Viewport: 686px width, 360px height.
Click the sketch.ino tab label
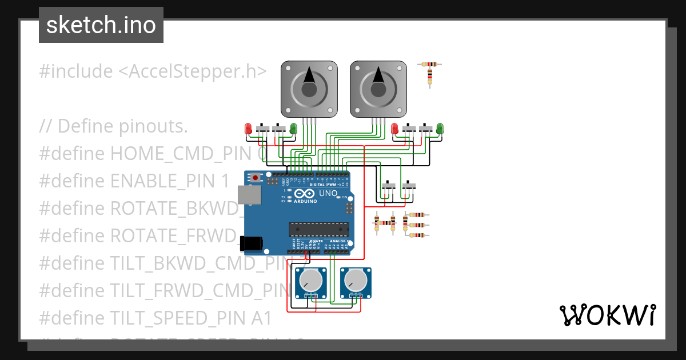point(101,25)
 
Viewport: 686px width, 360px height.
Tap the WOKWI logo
point(607,315)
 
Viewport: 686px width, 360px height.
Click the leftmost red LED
point(248,129)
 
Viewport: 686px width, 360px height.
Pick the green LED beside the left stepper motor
point(293,129)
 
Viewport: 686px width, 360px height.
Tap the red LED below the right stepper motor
point(394,129)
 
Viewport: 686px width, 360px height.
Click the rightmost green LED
point(440,129)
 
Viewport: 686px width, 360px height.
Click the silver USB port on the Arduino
point(250,195)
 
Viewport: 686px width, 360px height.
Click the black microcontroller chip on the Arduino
point(318,229)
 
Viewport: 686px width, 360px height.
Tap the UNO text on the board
point(328,194)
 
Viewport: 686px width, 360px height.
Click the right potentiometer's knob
point(356,279)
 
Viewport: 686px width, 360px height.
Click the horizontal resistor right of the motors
point(430,65)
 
